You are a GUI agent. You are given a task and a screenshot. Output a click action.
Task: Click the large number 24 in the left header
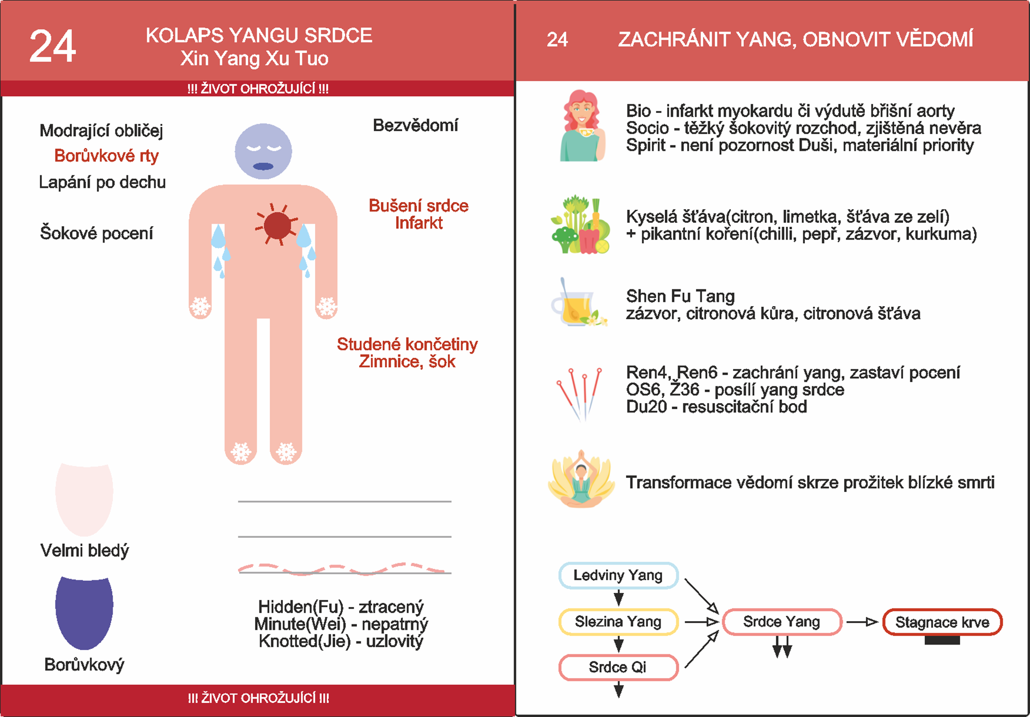pos(52,47)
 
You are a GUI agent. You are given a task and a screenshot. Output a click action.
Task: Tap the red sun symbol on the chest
pos(277,224)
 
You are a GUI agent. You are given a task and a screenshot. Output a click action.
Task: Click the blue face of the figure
pos(263,151)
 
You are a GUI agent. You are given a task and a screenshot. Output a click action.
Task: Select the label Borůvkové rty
pos(106,156)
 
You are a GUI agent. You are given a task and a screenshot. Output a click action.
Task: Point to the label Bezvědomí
pos(415,125)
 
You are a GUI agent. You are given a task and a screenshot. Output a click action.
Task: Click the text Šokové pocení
pos(96,233)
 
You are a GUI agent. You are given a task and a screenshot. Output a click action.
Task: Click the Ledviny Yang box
pos(618,575)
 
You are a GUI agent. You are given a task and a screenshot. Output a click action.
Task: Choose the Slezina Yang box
pos(618,622)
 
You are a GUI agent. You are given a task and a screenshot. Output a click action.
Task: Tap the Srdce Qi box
pos(618,667)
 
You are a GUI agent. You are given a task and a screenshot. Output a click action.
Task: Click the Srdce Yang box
pos(781,622)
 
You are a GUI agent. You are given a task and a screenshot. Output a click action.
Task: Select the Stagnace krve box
pos(942,622)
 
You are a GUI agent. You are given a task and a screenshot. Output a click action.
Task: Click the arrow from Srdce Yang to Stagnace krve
pos(862,622)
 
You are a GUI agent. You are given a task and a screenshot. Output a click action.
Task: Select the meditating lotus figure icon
pos(581,479)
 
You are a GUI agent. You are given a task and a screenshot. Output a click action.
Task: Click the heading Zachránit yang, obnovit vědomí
pos(795,40)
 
